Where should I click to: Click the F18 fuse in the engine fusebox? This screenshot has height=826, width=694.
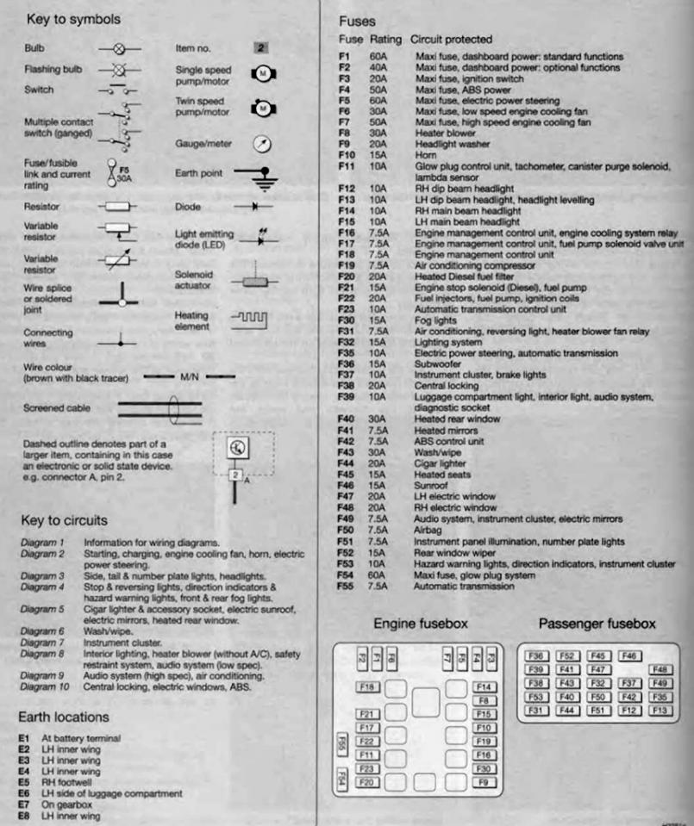[x=367, y=687]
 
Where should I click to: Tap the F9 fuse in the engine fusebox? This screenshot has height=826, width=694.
[x=484, y=782]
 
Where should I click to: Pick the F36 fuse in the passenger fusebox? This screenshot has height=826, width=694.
[x=537, y=656]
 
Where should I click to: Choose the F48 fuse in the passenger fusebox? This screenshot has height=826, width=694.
[x=661, y=669]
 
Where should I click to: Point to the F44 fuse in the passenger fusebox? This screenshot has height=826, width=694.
[x=567, y=710]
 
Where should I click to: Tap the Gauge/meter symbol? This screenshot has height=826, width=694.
[x=262, y=144]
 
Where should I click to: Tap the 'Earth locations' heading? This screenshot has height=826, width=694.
[x=64, y=717]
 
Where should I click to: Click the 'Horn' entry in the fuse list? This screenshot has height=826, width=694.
[x=426, y=155]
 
